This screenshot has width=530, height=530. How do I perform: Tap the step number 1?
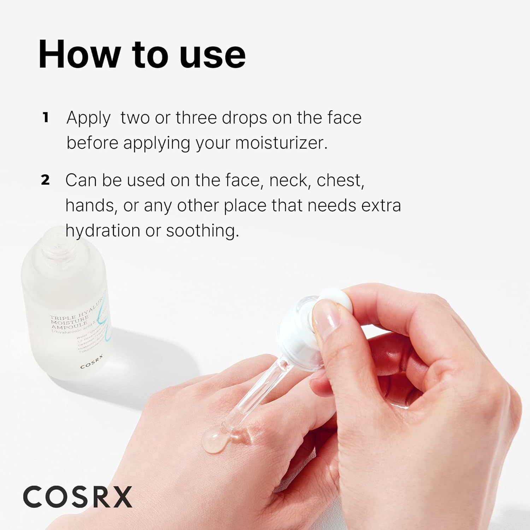45,118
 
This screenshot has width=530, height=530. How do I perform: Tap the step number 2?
45,180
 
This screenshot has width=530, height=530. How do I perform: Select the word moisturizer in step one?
281,143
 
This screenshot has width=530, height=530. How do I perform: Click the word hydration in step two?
103,231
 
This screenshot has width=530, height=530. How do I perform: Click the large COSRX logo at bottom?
78,496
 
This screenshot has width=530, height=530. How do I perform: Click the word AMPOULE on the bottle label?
69,325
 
